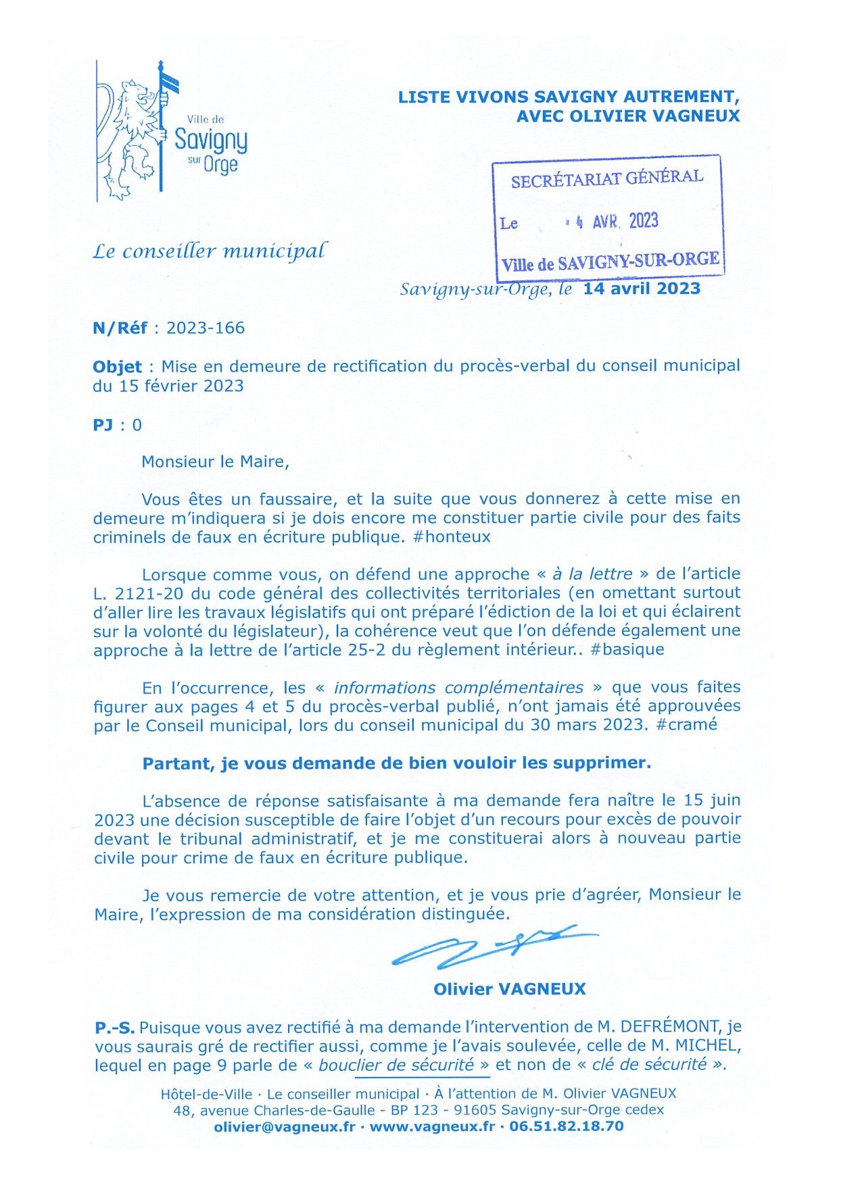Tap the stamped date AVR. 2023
click(625, 222)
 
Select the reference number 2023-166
click(206, 328)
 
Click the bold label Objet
click(117, 367)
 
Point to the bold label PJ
click(103, 425)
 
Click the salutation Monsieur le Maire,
click(215, 462)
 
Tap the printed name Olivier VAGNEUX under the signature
click(509, 989)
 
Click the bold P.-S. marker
click(114, 1028)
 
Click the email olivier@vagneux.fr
click(284, 1126)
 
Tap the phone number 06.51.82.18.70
click(567, 1126)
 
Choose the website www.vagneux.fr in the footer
click(432, 1126)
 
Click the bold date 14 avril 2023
click(642, 289)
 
